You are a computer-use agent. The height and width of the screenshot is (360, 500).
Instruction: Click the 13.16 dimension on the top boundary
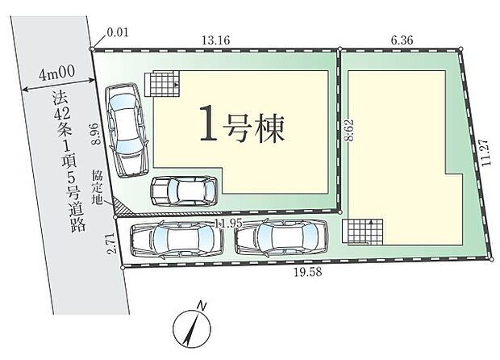pos(215,40)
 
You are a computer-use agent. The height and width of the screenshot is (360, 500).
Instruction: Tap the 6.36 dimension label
pos(402,40)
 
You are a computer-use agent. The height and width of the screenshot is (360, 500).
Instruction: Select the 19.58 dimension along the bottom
pos(308,272)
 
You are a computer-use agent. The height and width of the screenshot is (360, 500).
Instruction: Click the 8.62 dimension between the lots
pos(349,130)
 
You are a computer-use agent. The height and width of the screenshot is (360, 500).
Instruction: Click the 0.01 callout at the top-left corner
pos(118,32)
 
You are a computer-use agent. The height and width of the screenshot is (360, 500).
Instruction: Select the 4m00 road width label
pos(57,73)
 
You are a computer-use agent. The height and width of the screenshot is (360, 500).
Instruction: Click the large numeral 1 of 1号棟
pos(208,123)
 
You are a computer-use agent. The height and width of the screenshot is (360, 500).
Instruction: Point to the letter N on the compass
pos(202,306)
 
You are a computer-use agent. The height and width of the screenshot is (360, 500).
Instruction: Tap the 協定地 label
pos(97,187)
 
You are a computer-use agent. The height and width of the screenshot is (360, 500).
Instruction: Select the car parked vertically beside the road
pos(127,130)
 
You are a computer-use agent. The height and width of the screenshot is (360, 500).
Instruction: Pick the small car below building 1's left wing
pos(184,191)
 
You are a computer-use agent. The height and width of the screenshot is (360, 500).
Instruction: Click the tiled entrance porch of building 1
pos(162,84)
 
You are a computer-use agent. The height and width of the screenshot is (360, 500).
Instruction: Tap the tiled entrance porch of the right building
pos(363,232)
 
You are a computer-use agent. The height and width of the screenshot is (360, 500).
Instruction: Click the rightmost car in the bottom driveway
pos(281,238)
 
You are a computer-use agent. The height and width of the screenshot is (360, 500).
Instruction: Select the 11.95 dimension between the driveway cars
pos(228,224)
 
